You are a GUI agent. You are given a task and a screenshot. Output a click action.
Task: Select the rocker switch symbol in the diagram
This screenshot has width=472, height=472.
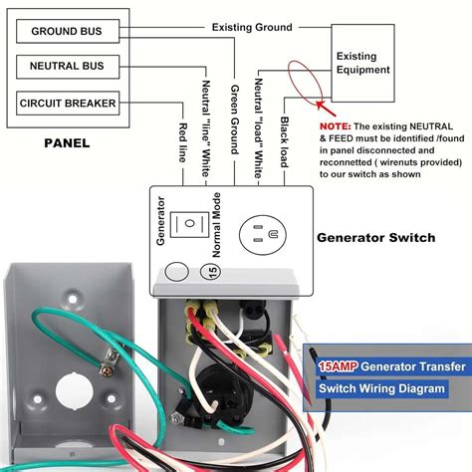point(184,224)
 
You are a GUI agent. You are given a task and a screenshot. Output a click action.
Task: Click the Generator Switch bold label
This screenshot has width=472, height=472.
point(375,238)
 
